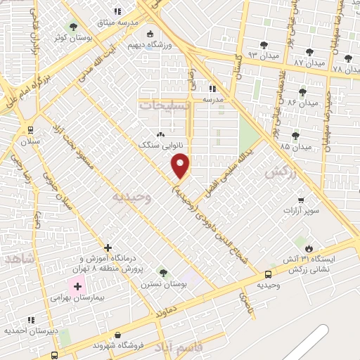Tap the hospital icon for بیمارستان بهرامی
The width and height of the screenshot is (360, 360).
[x=77, y=287]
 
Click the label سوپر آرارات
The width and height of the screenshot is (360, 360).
[x=302, y=210]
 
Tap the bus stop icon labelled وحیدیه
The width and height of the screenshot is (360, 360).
[x=269, y=274]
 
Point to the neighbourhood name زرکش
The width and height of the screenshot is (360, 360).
[x=276, y=171]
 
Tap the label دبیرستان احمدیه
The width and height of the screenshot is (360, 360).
[x=30, y=330]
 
